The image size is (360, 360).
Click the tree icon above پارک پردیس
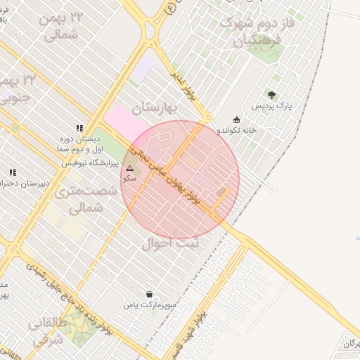coord(271,94)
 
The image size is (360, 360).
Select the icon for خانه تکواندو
coord(236,119)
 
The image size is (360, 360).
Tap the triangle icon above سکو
coord(129,168)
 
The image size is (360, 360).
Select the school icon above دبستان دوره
coord(79,128)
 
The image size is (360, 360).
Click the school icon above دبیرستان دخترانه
coord(12,172)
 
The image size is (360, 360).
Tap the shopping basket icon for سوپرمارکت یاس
coord(149,294)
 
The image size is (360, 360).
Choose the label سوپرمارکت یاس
coord(149,306)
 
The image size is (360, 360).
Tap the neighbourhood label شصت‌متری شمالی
coord(78,199)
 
